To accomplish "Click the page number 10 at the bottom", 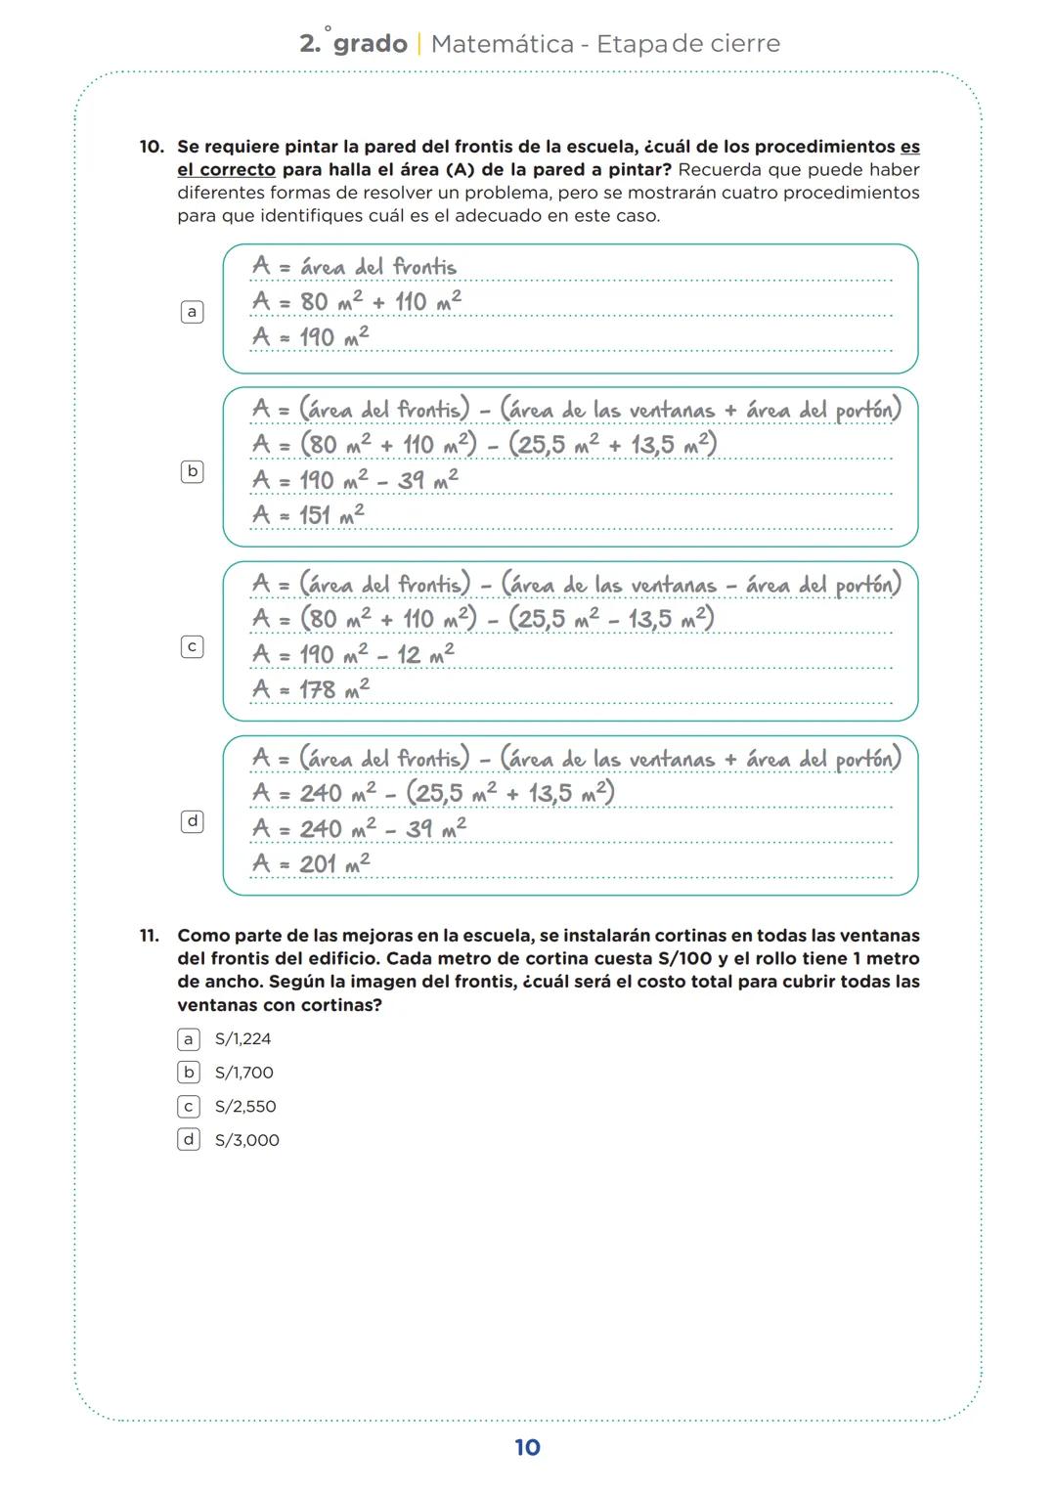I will [527, 1447].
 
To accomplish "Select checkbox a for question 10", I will [193, 312].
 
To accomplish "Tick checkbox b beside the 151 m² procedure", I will [193, 471].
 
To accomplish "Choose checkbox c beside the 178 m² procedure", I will [193, 646].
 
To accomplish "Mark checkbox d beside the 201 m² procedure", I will [193, 821].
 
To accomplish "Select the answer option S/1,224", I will [242, 1038].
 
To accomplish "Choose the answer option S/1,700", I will [243, 1073].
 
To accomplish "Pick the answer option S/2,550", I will [244, 1106].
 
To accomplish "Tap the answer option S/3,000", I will [246, 1140].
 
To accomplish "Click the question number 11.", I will [149, 936].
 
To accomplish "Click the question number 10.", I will [151, 147].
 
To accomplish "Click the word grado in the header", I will [370, 44].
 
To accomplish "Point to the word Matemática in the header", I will [502, 44].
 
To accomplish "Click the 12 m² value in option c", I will [425, 654].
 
